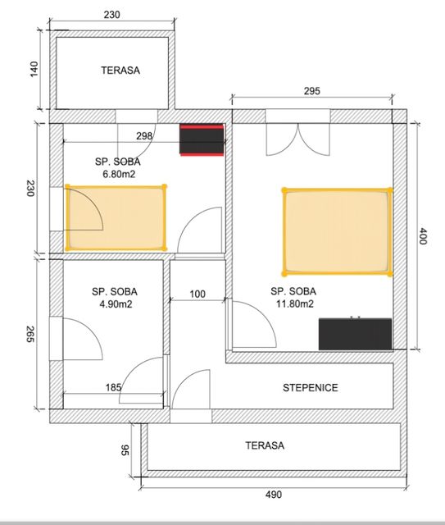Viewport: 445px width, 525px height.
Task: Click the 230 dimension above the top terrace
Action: pos(115,14)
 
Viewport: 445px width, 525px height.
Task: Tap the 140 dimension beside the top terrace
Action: pos(34,69)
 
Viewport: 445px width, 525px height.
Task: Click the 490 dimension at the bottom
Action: pos(274,494)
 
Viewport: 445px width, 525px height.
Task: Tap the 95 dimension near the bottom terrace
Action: pos(125,450)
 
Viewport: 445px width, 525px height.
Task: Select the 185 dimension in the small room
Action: pos(114,387)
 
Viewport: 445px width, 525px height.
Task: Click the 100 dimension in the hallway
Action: pos(198,293)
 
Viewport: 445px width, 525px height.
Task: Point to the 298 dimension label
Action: pos(144,135)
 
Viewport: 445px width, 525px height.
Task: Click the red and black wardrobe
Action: pos(202,139)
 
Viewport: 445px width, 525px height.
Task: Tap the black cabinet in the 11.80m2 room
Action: pos(355,334)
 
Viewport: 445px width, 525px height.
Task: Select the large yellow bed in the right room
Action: pos(336,231)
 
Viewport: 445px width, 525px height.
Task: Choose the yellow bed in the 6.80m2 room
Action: pos(116,217)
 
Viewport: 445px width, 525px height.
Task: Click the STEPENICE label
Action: pos(310,387)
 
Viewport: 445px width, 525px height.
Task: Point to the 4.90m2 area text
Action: pos(114,304)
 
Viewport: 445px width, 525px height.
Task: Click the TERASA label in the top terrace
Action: pos(120,71)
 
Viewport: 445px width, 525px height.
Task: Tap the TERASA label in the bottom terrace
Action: pos(265,445)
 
